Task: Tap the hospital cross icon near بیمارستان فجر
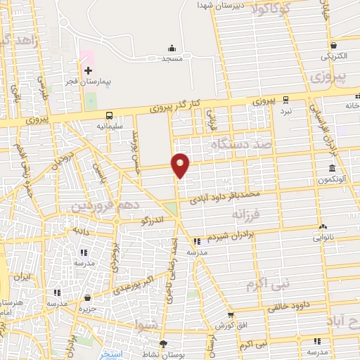coord(88,70)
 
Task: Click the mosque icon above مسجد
coord(172,48)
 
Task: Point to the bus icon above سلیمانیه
coord(109,115)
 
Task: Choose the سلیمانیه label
coord(109,126)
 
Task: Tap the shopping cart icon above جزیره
coord(87,298)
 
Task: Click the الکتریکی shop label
coord(335,56)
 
